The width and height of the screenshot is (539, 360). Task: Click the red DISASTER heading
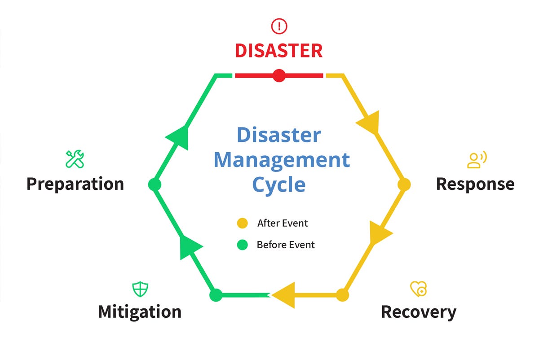click(x=278, y=50)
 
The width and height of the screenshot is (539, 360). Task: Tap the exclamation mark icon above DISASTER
click(x=279, y=26)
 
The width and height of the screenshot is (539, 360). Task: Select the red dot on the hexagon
click(x=279, y=75)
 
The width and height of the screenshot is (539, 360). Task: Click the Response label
click(x=475, y=184)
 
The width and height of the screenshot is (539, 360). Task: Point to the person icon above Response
click(x=477, y=160)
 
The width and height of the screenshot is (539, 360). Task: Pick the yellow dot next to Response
click(x=404, y=184)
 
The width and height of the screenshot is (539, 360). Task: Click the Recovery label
click(x=418, y=312)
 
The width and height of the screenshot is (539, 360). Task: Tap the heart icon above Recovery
click(x=418, y=289)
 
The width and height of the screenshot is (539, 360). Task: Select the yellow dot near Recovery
click(x=342, y=295)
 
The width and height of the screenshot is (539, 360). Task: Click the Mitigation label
click(x=140, y=312)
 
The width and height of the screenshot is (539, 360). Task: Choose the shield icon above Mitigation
click(x=140, y=289)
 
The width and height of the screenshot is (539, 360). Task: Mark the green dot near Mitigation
click(x=216, y=295)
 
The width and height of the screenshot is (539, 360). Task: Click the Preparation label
click(x=75, y=184)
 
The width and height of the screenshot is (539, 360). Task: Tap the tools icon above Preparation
click(x=75, y=159)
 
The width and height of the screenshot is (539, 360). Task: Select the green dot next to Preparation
click(x=155, y=184)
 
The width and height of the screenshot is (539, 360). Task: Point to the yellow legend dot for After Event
click(x=243, y=223)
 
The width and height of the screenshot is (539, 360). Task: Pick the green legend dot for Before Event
click(x=243, y=245)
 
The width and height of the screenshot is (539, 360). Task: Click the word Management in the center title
click(x=281, y=159)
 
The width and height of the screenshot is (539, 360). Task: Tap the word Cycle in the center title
click(x=278, y=184)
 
